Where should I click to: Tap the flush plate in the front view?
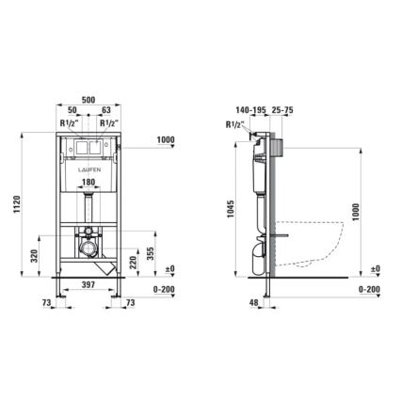click(x=87, y=148)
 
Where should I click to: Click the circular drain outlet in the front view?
click(x=88, y=249)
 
